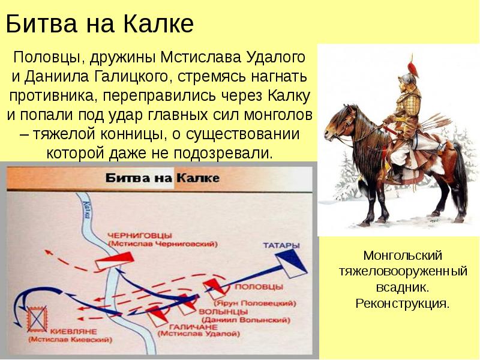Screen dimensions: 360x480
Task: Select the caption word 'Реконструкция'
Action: tap(402, 302)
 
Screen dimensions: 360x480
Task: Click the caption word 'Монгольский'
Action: tap(403, 257)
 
